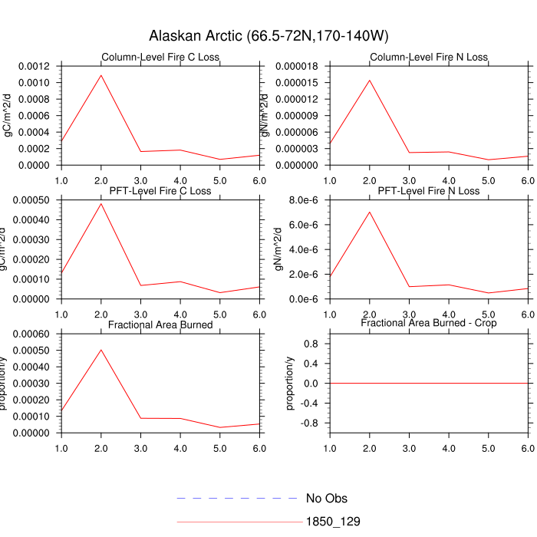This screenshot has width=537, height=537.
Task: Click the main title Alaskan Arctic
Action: coord(268,37)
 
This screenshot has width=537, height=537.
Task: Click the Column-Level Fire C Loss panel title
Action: coord(160,58)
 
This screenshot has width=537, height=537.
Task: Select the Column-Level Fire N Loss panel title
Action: coord(428,58)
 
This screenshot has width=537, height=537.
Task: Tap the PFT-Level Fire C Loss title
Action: coord(160,191)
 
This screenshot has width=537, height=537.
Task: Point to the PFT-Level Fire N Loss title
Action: coord(428,191)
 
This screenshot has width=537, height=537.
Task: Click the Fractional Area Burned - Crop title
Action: coord(428,324)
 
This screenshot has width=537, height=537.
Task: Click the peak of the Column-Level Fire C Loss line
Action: coord(100,74)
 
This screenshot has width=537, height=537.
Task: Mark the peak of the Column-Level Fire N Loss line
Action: coord(369,80)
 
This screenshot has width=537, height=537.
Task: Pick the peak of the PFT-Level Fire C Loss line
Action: coord(100,203)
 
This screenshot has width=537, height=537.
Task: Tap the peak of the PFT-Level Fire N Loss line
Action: coord(369,212)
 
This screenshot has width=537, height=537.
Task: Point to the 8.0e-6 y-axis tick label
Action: coord(303,200)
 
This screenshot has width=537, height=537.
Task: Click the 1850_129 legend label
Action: coord(333,522)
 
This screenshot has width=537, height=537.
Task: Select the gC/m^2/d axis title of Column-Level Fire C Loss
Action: coord(8,115)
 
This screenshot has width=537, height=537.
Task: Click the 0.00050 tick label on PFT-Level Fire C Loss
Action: coord(32,200)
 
